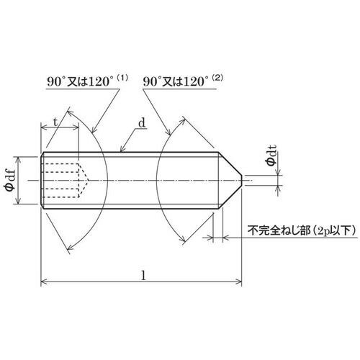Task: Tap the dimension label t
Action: click(55, 122)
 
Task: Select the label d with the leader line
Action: click(142, 123)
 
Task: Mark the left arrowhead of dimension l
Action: click(43, 283)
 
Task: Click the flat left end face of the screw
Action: click(42, 180)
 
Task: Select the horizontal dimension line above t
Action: click(61, 130)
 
